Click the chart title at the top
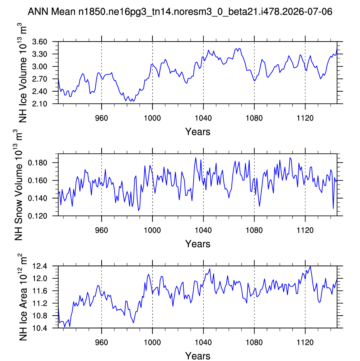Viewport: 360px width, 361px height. tap(180, 12)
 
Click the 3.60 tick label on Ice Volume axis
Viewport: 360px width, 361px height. tap(40, 42)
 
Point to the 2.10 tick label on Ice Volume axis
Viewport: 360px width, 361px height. tap(40, 104)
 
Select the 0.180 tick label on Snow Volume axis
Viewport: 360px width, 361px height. tap(38, 163)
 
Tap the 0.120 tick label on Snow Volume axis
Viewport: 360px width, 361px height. tap(38, 216)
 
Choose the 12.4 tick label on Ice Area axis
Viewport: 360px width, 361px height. tap(40, 266)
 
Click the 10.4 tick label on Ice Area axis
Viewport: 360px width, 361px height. tap(40, 328)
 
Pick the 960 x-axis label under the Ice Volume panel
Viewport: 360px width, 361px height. tap(102, 118)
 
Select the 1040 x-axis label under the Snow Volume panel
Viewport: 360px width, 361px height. tap(203, 230)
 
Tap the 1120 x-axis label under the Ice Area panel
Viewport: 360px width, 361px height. tap(305, 342)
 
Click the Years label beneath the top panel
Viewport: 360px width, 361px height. tap(198, 132)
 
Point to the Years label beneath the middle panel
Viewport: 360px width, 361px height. tap(198, 244)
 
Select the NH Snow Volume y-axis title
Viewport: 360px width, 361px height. tap(18, 185)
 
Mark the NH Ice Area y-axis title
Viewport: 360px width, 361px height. tap(23, 297)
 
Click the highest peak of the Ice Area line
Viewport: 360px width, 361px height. tap(310, 266)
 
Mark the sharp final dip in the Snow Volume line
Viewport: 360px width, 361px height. tap(333, 208)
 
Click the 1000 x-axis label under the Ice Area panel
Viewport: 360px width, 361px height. tap(152, 342)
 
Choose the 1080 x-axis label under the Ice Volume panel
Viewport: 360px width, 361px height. tap(254, 118)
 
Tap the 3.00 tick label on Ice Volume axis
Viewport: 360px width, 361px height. tap(40, 66)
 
